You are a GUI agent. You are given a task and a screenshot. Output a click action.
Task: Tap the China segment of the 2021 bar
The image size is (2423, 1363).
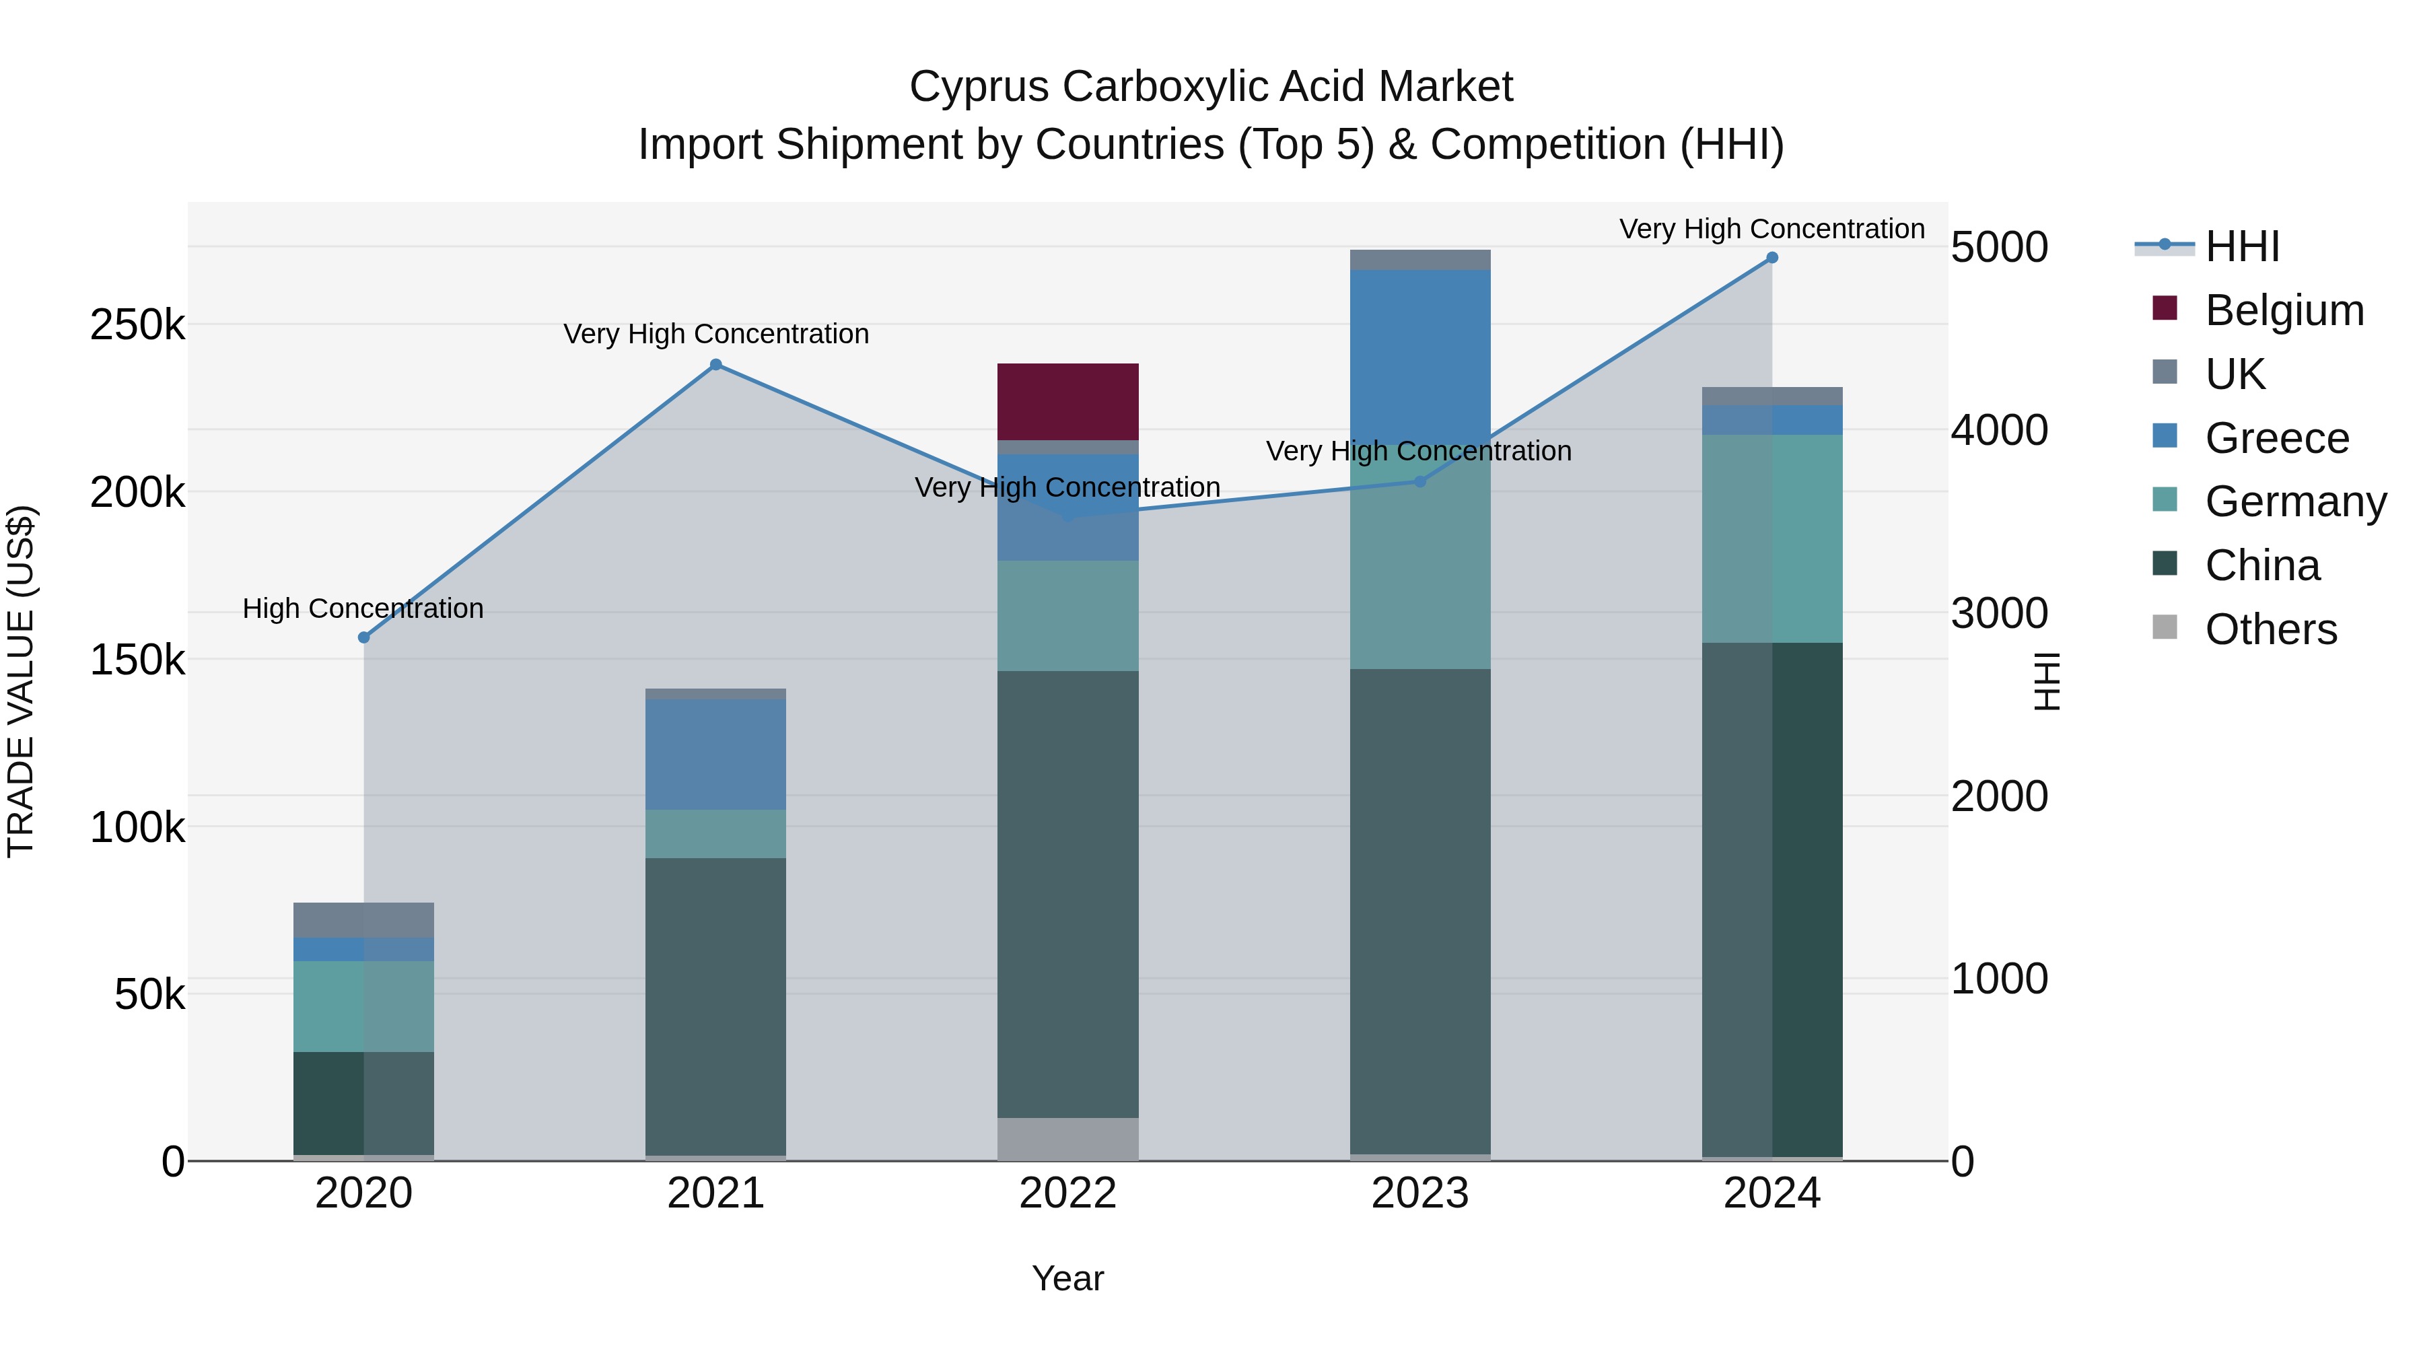[x=715, y=1006]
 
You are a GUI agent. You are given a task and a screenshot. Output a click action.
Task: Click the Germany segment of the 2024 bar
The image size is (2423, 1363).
[x=1772, y=539]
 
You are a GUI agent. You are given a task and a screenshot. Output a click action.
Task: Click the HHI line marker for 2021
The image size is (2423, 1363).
[x=716, y=365]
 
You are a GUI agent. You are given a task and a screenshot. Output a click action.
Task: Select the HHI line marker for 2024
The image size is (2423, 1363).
[x=1772, y=258]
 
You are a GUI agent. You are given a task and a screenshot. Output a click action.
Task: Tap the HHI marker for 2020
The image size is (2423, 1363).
[x=364, y=638]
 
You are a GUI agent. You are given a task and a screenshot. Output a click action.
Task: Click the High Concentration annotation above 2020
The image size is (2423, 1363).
[x=363, y=608]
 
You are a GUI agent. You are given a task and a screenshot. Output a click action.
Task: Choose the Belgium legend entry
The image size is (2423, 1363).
[x=2284, y=310]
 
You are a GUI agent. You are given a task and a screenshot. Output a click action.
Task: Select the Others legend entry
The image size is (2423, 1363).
[x=2271, y=629]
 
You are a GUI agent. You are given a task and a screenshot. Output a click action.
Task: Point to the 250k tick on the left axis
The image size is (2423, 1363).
[x=137, y=326]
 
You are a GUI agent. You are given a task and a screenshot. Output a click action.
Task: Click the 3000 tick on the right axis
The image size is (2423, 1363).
[x=1999, y=613]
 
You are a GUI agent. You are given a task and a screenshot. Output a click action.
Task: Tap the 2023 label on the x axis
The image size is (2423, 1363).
[x=1419, y=1193]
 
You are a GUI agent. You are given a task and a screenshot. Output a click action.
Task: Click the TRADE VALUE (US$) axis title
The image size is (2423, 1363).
[x=21, y=681]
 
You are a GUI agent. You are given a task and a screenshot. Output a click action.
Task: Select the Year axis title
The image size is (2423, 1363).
[x=1067, y=1278]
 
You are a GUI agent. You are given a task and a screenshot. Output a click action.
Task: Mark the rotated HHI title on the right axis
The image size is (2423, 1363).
[x=2047, y=681]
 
